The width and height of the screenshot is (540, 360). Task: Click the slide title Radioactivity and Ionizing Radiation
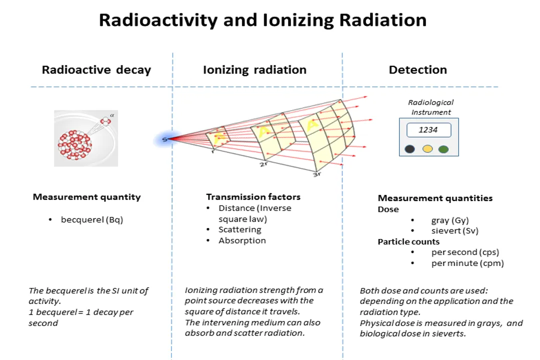tap(262, 20)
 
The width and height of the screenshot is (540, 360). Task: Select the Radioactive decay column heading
tap(96, 70)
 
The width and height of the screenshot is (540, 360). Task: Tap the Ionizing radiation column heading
tap(254, 70)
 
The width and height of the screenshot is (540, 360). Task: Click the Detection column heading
tap(418, 70)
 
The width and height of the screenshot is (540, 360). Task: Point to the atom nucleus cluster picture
tap(75, 144)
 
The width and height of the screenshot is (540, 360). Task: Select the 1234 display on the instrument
tap(428, 130)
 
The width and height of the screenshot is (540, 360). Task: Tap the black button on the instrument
tap(410, 149)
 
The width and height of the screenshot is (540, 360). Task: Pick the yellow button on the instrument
tap(427, 149)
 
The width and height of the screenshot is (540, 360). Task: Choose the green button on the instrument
tap(443, 149)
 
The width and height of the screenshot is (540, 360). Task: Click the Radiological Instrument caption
tap(431, 107)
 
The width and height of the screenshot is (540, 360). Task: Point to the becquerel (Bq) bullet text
tap(92, 219)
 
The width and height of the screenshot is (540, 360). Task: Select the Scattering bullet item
tap(240, 229)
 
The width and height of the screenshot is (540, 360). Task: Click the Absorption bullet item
tap(242, 240)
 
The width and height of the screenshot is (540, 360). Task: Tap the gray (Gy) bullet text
tap(450, 220)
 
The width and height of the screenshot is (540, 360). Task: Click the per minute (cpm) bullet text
tap(467, 263)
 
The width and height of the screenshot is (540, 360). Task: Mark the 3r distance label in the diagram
tap(316, 174)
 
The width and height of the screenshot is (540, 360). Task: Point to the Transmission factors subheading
tap(253, 197)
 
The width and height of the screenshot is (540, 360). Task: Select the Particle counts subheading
tap(408, 241)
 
